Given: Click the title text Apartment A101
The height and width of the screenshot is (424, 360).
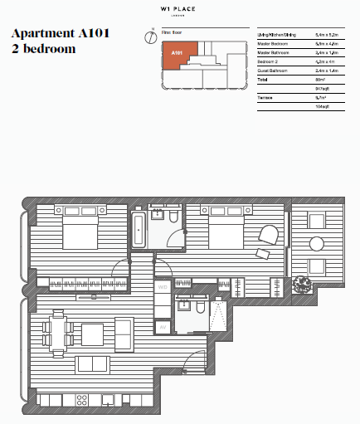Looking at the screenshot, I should click(x=60, y=34).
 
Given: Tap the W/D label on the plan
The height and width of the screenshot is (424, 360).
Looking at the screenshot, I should click(x=163, y=287).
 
